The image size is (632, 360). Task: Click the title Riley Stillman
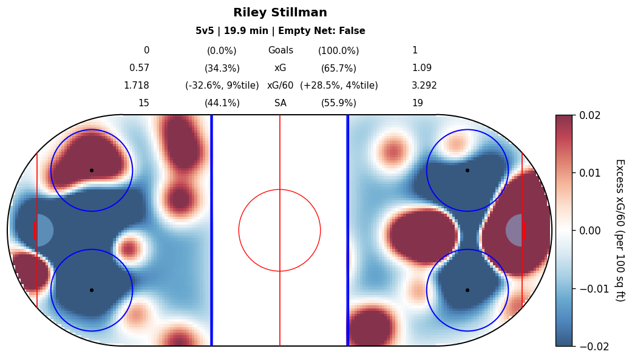pos(280,13)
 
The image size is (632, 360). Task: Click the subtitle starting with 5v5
pos(280,31)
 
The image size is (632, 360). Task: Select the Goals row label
pos(280,51)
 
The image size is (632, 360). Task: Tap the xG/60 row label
pos(280,86)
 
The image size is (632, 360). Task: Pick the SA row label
pos(280,103)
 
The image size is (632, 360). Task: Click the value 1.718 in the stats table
pos(136,86)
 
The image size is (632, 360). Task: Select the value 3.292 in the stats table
pos(424,86)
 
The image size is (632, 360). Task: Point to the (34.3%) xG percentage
pos(222,69)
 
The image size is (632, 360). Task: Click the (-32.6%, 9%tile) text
pos(222,86)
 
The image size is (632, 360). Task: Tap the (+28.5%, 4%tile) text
pos(339,86)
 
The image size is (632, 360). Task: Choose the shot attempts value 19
pos(418,103)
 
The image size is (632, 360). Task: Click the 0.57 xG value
pos(139,69)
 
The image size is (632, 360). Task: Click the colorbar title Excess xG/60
pos(619,230)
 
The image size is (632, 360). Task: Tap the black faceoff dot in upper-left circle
pos(92,171)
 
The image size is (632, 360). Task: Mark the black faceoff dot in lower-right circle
pos(467,290)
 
